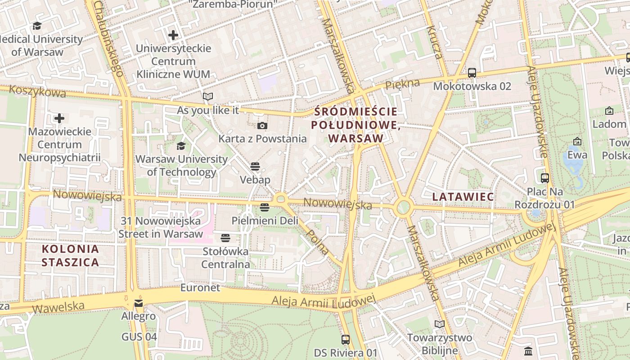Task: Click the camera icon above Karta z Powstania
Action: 262,126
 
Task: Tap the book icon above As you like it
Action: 207,96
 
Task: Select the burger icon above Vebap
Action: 255,167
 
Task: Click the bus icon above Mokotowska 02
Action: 472,72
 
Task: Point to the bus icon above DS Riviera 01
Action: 345,339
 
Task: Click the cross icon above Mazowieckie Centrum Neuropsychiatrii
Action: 59,118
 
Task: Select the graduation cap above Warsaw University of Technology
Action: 181,146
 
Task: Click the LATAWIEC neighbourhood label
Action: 463,197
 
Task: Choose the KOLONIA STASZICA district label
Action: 70,256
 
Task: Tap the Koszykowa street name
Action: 37,91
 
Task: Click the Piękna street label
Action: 402,84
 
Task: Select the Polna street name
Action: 317,242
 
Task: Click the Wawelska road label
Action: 58,307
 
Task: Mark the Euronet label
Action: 200,288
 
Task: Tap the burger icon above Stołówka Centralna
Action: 225,238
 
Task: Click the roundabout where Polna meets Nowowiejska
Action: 281,198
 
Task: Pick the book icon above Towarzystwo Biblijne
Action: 439,324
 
